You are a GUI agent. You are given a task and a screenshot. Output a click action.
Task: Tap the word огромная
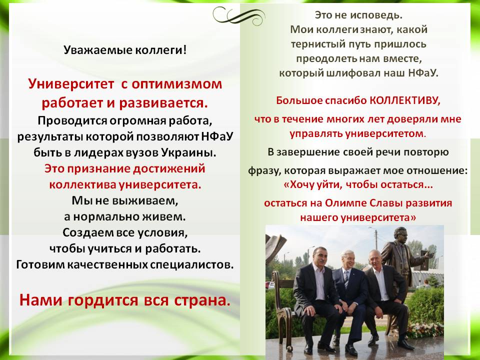tap(138, 121)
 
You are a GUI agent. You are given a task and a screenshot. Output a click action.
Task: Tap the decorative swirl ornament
tap(238, 15)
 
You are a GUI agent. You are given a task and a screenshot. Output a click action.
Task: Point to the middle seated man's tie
tap(346, 279)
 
